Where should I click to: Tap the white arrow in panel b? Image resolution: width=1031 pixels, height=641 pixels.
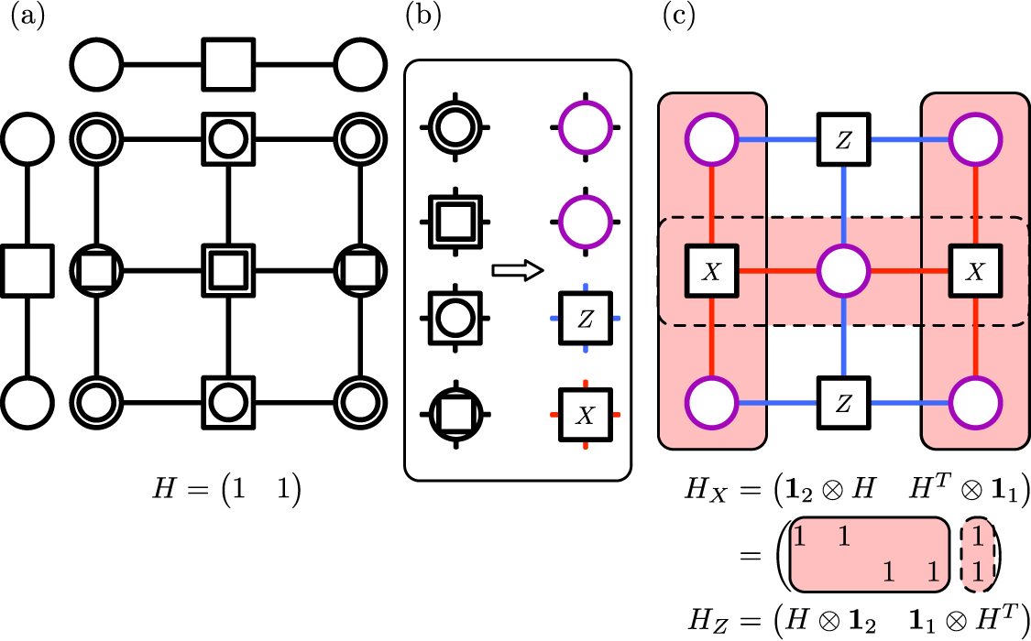pyautogui.click(x=518, y=271)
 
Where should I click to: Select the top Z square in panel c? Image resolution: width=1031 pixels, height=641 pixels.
pyautogui.click(x=842, y=140)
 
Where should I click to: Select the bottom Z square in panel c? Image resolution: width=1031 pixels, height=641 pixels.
pyautogui.click(x=842, y=404)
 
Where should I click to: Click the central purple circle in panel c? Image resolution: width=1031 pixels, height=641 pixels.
pyautogui.click(x=842, y=272)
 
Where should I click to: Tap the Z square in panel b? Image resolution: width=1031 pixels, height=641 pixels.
pyautogui.click(x=585, y=318)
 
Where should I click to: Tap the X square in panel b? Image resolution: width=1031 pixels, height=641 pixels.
pyautogui.click(x=585, y=415)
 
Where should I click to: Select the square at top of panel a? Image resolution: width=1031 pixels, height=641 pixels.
pyautogui.click(x=227, y=65)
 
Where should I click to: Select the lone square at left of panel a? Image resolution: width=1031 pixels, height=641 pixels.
pyautogui.click(x=26, y=271)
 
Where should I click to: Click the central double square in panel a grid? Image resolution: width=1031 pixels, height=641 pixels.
pyautogui.click(x=227, y=271)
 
